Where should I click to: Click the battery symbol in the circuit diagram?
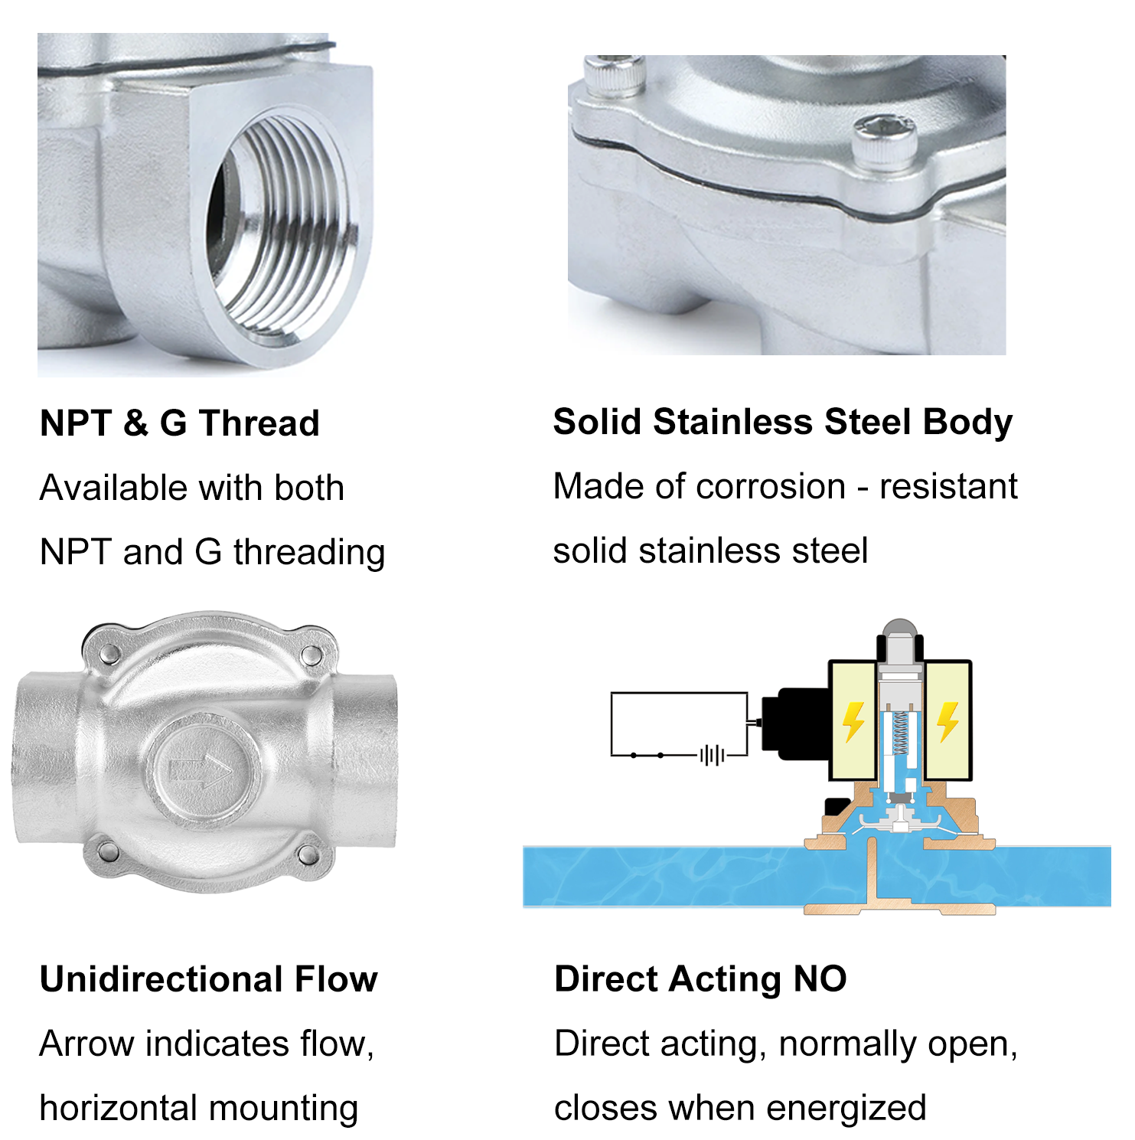tap(713, 756)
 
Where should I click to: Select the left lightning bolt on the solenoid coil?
tap(853, 722)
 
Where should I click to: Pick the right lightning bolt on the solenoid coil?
tap(947, 721)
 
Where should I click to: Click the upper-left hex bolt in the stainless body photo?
tap(615, 74)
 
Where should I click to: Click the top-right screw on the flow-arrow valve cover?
tap(311, 655)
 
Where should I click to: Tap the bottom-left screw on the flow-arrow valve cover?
tap(107, 850)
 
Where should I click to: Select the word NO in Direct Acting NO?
tap(820, 979)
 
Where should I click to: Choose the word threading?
tap(309, 553)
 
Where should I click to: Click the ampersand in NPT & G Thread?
tap(135, 423)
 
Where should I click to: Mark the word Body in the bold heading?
tap(967, 423)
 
